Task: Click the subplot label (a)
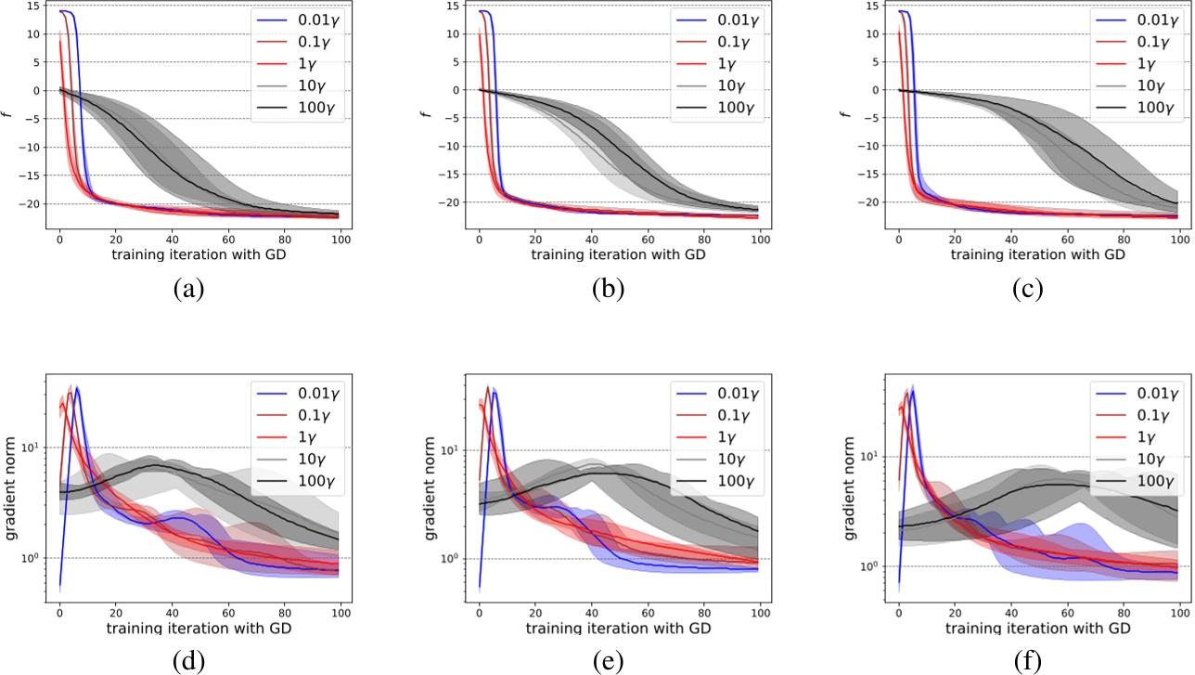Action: click(x=188, y=289)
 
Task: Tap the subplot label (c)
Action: click(x=1027, y=289)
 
